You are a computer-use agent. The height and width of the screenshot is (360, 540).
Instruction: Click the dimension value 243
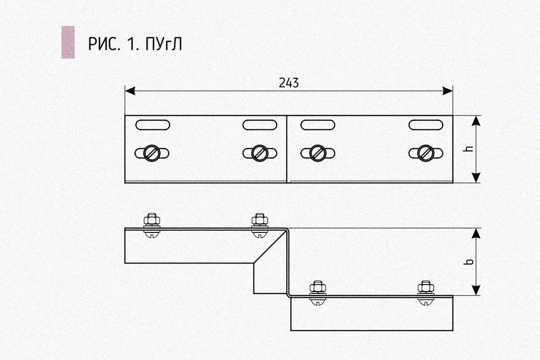point(288,83)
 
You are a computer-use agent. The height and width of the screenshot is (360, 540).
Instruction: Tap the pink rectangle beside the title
point(68,43)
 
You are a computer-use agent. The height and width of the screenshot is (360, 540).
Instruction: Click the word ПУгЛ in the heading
point(162,44)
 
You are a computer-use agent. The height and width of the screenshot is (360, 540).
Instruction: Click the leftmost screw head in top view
point(152,153)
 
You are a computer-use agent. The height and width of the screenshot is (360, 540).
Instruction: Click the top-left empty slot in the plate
point(152,125)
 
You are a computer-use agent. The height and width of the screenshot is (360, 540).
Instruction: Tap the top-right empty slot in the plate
point(426,125)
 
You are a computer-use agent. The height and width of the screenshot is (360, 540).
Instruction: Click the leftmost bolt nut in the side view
point(151,220)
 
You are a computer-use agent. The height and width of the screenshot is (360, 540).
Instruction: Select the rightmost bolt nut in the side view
point(425,287)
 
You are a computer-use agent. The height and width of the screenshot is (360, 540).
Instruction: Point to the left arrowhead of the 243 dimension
point(129,90)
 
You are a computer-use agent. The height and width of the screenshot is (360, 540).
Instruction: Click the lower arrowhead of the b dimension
point(476,290)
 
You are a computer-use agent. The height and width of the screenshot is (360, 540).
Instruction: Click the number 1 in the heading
point(130,44)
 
